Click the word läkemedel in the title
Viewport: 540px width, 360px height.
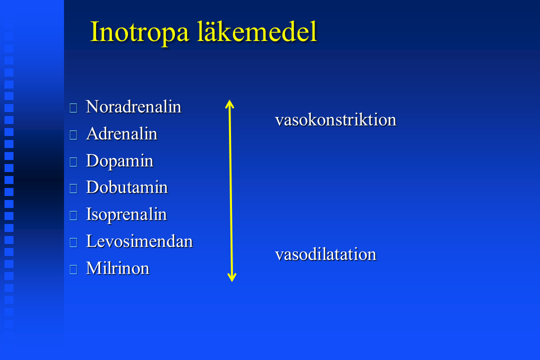point(257,31)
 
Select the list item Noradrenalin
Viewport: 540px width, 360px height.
point(133,106)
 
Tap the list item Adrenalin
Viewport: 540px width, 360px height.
point(121,133)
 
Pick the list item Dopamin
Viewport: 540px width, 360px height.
point(119,161)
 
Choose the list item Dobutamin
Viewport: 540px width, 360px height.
point(126,187)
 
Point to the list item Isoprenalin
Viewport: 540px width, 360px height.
point(126,215)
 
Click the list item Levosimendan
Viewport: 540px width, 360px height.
point(139,241)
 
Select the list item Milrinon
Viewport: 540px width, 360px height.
point(118,268)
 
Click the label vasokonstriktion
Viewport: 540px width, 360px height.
point(336,119)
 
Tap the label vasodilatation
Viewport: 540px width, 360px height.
point(326,254)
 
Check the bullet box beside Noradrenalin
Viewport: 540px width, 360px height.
point(73,108)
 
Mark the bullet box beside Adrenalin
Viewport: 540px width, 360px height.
point(73,135)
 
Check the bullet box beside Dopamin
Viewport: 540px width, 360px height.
point(73,162)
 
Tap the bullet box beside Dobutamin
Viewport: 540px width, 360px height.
point(73,188)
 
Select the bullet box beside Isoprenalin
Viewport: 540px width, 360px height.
point(73,215)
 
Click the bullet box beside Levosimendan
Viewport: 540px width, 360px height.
point(73,242)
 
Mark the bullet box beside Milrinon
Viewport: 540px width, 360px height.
point(73,269)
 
